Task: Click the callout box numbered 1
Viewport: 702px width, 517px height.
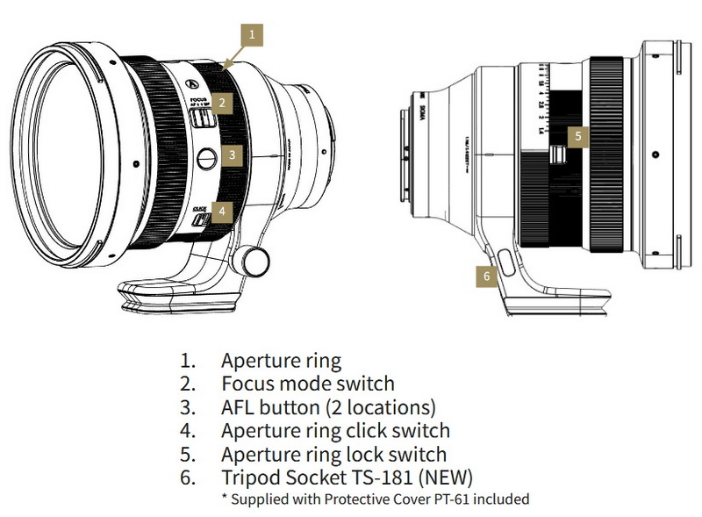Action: [252, 35]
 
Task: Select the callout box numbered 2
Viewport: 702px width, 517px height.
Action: [223, 103]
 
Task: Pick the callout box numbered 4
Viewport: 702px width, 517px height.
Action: [223, 212]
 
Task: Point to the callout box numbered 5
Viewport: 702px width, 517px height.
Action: [578, 136]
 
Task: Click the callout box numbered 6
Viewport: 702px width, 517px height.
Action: [488, 276]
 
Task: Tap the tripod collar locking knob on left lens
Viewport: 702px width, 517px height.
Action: [256, 260]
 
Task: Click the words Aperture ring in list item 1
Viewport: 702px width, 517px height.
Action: [281, 360]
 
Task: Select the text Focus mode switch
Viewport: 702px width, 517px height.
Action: [307, 384]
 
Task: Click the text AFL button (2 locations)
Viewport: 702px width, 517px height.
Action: [328, 407]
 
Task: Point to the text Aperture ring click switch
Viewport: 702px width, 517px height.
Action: [335, 431]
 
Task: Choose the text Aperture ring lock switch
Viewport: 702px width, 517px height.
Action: [333, 455]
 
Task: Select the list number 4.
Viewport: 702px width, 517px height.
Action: [188, 431]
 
